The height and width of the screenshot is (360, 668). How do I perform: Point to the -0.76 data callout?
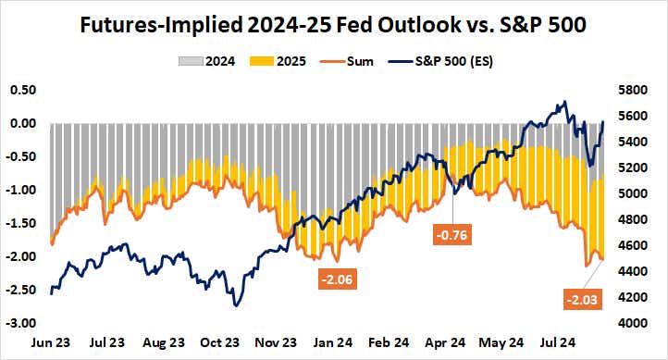tap(453, 234)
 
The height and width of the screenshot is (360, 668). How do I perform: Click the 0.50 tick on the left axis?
tap(22, 90)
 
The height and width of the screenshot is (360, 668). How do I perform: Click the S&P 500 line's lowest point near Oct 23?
tap(237, 305)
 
